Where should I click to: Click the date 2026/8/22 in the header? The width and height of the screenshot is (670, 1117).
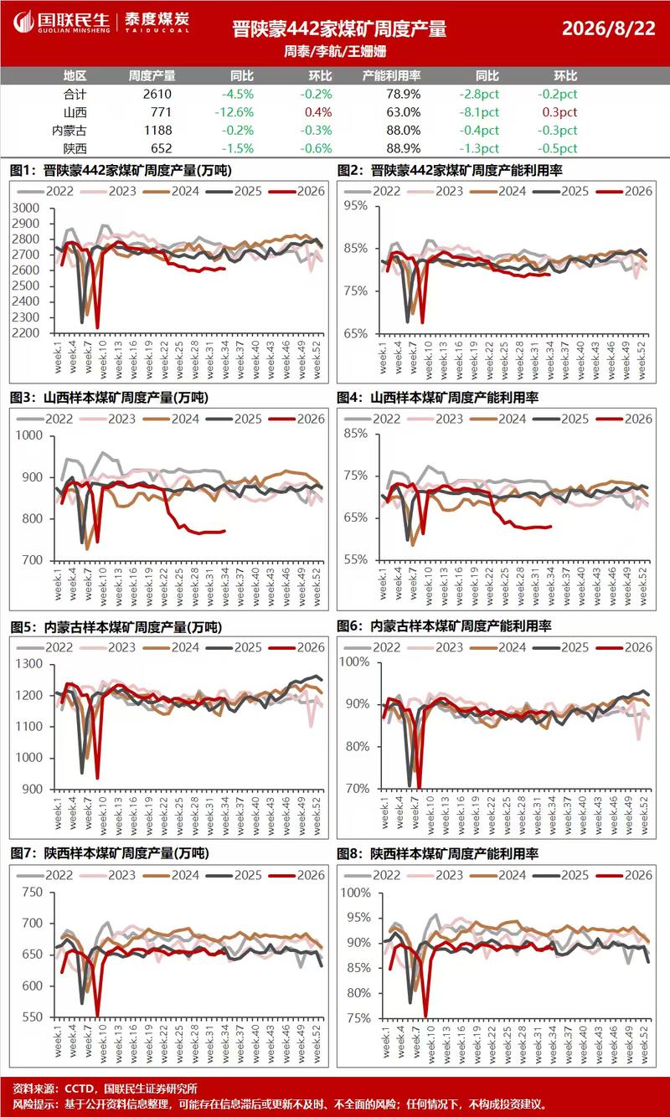tap(609, 28)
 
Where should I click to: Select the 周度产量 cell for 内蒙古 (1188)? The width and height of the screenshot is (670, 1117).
tap(157, 130)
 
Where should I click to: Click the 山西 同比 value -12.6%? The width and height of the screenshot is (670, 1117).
tap(234, 112)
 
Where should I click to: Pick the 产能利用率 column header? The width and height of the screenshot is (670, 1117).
tap(391, 76)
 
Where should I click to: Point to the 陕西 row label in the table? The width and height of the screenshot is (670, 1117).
tap(75, 148)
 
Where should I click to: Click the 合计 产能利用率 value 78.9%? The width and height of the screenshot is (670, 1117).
tap(403, 95)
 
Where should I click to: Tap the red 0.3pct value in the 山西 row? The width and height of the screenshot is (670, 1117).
tap(559, 112)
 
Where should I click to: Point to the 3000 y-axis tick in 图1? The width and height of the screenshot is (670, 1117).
tap(25, 208)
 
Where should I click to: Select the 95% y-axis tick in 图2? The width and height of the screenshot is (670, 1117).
tap(355, 205)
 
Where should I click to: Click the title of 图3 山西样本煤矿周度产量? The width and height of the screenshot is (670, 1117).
tap(109, 398)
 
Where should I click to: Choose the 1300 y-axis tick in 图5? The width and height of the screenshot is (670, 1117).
tap(29, 664)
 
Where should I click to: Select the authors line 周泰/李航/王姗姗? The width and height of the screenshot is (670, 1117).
tap(335, 51)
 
